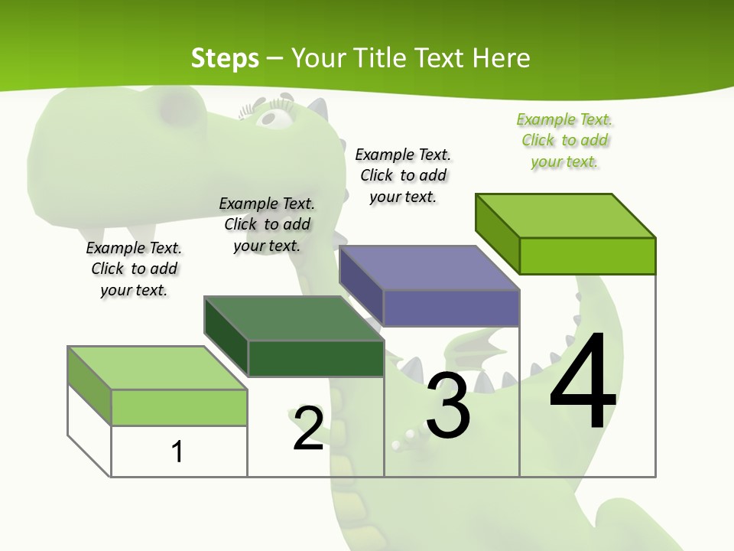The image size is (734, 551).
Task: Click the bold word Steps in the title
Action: (225, 58)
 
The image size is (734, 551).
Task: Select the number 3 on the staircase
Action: (448, 405)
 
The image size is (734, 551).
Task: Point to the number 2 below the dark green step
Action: (309, 429)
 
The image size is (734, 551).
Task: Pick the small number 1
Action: (177, 452)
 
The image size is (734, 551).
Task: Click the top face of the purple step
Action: (428, 268)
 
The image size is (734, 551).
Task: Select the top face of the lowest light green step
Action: (157, 368)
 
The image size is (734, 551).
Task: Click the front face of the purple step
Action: (451, 308)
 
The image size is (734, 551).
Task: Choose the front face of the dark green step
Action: (316, 358)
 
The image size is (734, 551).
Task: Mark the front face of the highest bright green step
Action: (587, 256)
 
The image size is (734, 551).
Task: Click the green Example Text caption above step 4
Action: (564, 141)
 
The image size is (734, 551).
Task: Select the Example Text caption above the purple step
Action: (403, 175)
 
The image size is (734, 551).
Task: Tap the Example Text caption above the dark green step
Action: (267, 224)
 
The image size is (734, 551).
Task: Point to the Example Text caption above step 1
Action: (134, 269)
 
